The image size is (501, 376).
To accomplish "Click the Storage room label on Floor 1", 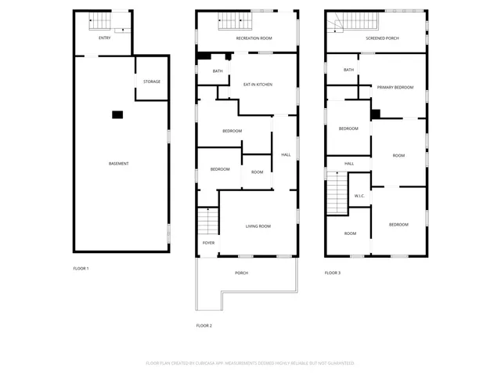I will [152, 81].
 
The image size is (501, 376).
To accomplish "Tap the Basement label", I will [119, 163].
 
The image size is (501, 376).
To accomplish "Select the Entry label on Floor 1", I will [105, 38].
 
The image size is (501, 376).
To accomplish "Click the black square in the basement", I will [117, 115].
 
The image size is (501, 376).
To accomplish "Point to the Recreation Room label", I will [254, 38].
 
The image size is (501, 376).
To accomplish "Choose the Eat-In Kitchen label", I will [258, 85].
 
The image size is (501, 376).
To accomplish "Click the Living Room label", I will [258, 226].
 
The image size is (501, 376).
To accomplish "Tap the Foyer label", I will [208, 243].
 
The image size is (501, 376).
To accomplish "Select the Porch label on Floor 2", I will [241, 273].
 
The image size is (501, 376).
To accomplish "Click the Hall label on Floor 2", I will [286, 154].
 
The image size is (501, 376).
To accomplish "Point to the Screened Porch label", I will [382, 38].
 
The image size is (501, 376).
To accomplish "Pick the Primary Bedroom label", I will [395, 88].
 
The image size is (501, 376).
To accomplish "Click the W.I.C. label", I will [360, 196].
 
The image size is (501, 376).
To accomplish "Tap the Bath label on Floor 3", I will [349, 70].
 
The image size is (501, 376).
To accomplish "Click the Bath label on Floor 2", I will [218, 71].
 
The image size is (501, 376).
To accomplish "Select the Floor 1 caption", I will [81, 269].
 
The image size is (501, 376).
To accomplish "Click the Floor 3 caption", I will [333, 273].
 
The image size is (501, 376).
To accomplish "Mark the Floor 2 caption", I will [204, 325].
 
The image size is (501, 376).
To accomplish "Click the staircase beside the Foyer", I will [207, 222].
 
